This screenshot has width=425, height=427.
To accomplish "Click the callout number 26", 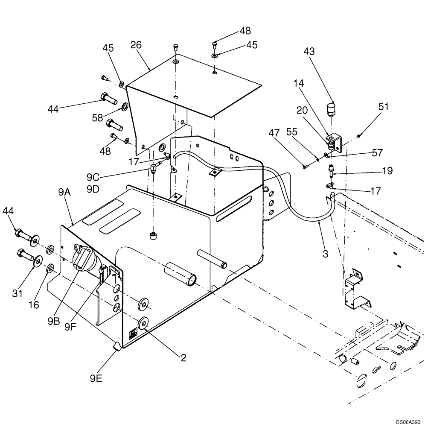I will pyautogui.click(x=136, y=45).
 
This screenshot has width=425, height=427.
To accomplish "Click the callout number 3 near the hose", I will pyautogui.click(x=325, y=254).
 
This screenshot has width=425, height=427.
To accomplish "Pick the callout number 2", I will pyautogui.click(x=183, y=358).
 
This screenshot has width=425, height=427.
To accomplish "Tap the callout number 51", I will pyautogui.click(x=384, y=106).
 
